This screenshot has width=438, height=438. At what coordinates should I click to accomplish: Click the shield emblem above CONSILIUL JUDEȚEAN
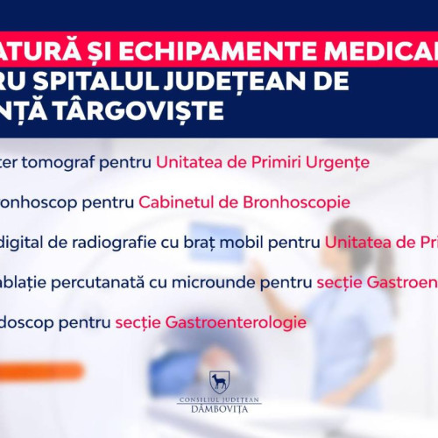pos(219,382)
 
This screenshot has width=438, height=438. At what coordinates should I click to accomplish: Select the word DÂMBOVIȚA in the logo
pos(219,410)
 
